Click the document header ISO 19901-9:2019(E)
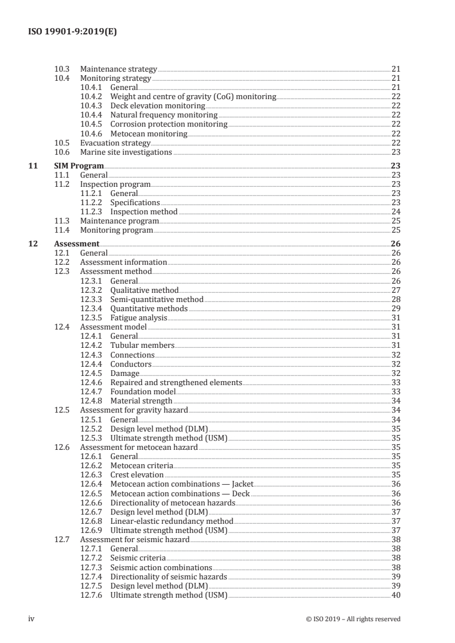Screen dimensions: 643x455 pyautogui.click(x=72, y=32)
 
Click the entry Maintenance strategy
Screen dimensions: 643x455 pyautogui.click(x=118, y=69)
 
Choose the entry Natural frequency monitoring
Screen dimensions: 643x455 pyautogui.click(x=164, y=115)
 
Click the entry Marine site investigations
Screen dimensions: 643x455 pyautogui.click(x=126, y=152)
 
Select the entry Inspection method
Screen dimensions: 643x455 pyautogui.click(x=143, y=212)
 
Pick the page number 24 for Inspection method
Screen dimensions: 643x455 pyautogui.click(x=395, y=212)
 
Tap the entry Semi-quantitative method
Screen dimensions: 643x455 pyautogui.click(x=157, y=299)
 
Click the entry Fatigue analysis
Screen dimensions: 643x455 pyautogui.click(x=139, y=317)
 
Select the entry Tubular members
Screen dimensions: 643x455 pyautogui.click(x=142, y=345)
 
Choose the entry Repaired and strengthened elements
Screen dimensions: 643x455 pyautogui.click(x=176, y=382)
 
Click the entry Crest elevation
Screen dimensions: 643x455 pyautogui.click(x=137, y=475)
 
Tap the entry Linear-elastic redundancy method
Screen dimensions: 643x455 pyautogui.click(x=172, y=521)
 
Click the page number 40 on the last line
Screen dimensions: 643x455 pyautogui.click(x=395, y=595)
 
